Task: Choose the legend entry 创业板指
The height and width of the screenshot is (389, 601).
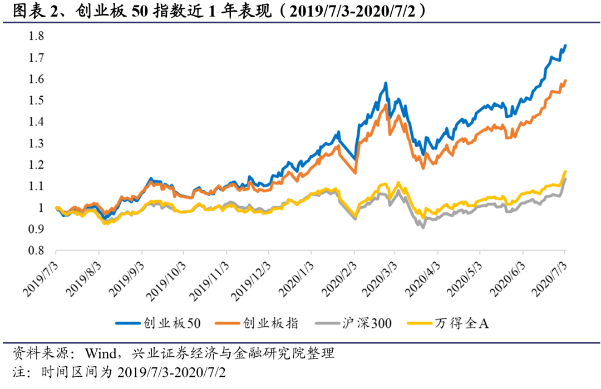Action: point(269,323)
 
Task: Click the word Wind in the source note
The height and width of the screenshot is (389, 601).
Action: point(100,353)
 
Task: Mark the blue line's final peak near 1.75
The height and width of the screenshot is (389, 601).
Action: point(565,45)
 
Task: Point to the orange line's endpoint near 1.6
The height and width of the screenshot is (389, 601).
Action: point(565,80)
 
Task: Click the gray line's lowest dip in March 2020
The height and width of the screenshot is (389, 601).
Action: point(423,227)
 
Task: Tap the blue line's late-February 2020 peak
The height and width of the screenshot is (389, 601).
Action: point(386,83)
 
